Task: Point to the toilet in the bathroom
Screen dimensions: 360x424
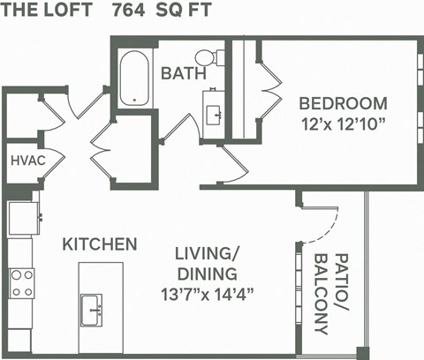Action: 205,57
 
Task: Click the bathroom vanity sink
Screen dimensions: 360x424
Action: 214,114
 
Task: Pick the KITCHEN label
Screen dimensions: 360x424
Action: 99,243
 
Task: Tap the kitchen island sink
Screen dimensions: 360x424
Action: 92,308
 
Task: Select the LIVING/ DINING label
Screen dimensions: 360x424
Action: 207,262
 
